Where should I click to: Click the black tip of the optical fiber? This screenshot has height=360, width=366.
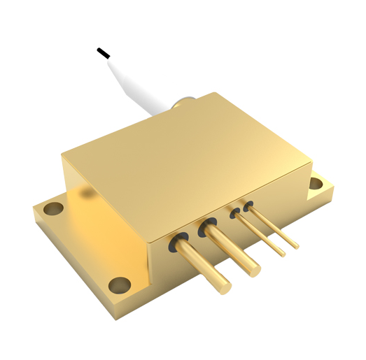click(103, 52)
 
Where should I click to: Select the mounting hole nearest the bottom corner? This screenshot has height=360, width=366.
click(120, 285)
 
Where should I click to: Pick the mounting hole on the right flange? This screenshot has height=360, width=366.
click(316, 185)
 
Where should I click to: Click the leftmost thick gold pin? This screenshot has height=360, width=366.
click(203, 265)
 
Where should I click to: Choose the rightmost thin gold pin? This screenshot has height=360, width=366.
click(275, 225)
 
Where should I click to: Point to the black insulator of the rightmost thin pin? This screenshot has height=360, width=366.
click(247, 206)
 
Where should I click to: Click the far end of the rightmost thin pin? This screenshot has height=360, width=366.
click(297, 246)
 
